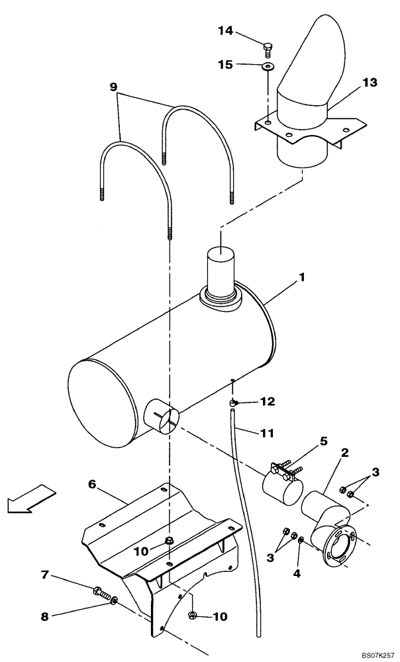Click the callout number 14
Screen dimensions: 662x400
pyautogui.click(x=225, y=30)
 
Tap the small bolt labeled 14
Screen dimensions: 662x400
pyautogui.click(x=268, y=49)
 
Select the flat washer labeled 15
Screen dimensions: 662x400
pyautogui.click(x=268, y=67)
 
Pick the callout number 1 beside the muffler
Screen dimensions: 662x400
pyautogui.click(x=302, y=279)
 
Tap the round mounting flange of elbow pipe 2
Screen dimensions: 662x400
pyautogui.click(x=338, y=545)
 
